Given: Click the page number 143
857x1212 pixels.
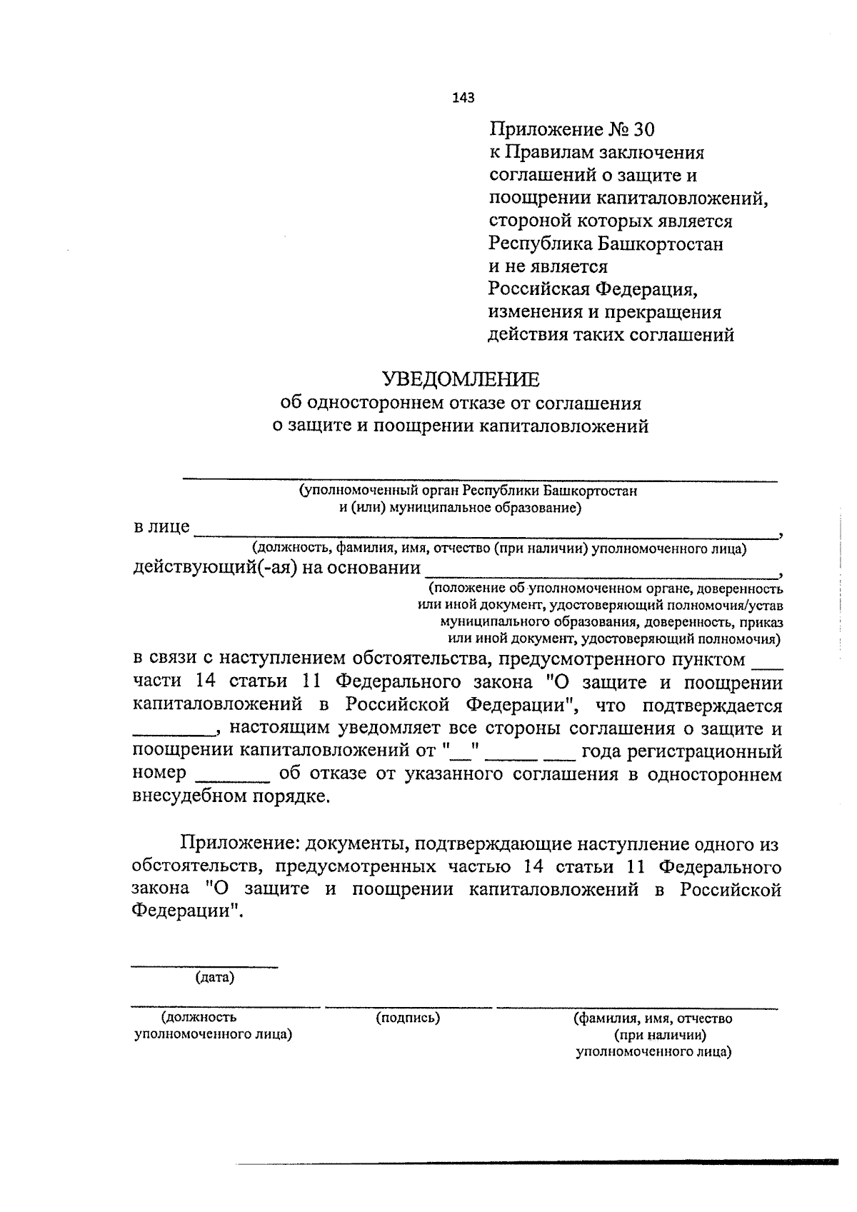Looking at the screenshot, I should (463, 98).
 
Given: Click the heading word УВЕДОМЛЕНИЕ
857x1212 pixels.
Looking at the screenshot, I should (461, 379).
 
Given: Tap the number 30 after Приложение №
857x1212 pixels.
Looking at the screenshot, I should (642, 130).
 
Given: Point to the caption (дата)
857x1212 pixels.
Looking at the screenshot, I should (215, 978).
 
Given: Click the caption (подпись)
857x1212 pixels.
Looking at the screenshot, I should (408, 1018).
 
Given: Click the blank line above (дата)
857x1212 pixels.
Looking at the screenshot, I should (204, 966).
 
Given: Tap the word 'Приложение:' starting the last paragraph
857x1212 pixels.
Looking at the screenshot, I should (239, 844).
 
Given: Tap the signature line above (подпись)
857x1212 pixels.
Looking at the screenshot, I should (408, 1007).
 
